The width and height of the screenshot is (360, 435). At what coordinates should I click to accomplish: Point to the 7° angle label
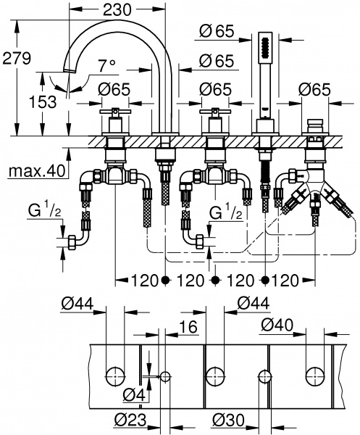click(x=107, y=66)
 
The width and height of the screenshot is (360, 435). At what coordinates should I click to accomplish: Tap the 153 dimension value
click(x=42, y=102)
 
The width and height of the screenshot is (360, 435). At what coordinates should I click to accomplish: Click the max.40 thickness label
click(x=36, y=172)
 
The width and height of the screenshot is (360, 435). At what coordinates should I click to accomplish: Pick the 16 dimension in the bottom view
click(x=188, y=328)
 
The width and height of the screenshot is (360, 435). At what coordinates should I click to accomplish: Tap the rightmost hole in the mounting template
click(x=315, y=376)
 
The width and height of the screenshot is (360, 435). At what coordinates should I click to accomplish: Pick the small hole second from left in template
click(x=165, y=376)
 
